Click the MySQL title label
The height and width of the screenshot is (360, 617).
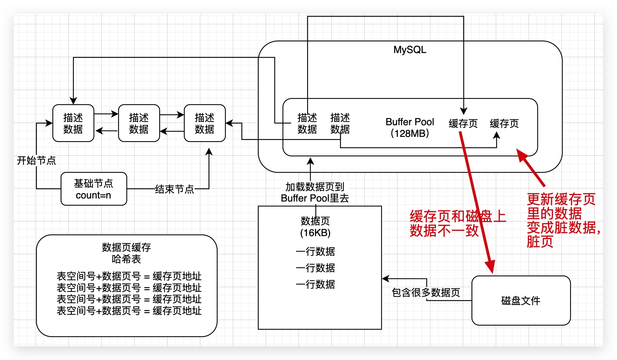coord(410,50)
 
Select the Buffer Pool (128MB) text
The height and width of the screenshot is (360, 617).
coord(410,127)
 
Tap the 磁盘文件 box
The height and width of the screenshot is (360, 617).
coord(520,300)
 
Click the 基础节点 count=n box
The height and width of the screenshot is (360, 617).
coord(93,189)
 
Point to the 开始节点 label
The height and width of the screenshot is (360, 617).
coord(36,160)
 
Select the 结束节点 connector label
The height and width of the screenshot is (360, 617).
coord(174,189)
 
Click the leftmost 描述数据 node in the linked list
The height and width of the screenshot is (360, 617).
coord(73,123)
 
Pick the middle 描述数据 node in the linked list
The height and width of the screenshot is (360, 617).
coord(139,123)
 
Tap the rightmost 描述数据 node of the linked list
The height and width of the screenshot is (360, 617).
coord(204,123)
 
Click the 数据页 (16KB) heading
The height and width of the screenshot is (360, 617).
coord(315,227)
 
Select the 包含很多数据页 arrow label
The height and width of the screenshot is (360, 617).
coord(426,292)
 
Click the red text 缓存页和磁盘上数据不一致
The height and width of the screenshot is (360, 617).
coord(457,223)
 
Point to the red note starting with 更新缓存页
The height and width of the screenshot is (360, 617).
coord(562,220)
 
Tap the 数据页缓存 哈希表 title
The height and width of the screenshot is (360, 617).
coord(126,253)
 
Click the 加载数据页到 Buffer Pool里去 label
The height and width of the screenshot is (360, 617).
coord(315,192)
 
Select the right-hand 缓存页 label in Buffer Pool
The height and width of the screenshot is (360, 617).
coord(504,123)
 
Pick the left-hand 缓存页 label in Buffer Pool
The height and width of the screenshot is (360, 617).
coord(463,123)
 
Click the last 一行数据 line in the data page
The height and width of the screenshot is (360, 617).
coord(315,284)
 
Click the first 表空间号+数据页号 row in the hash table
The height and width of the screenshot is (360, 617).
coord(129,276)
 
